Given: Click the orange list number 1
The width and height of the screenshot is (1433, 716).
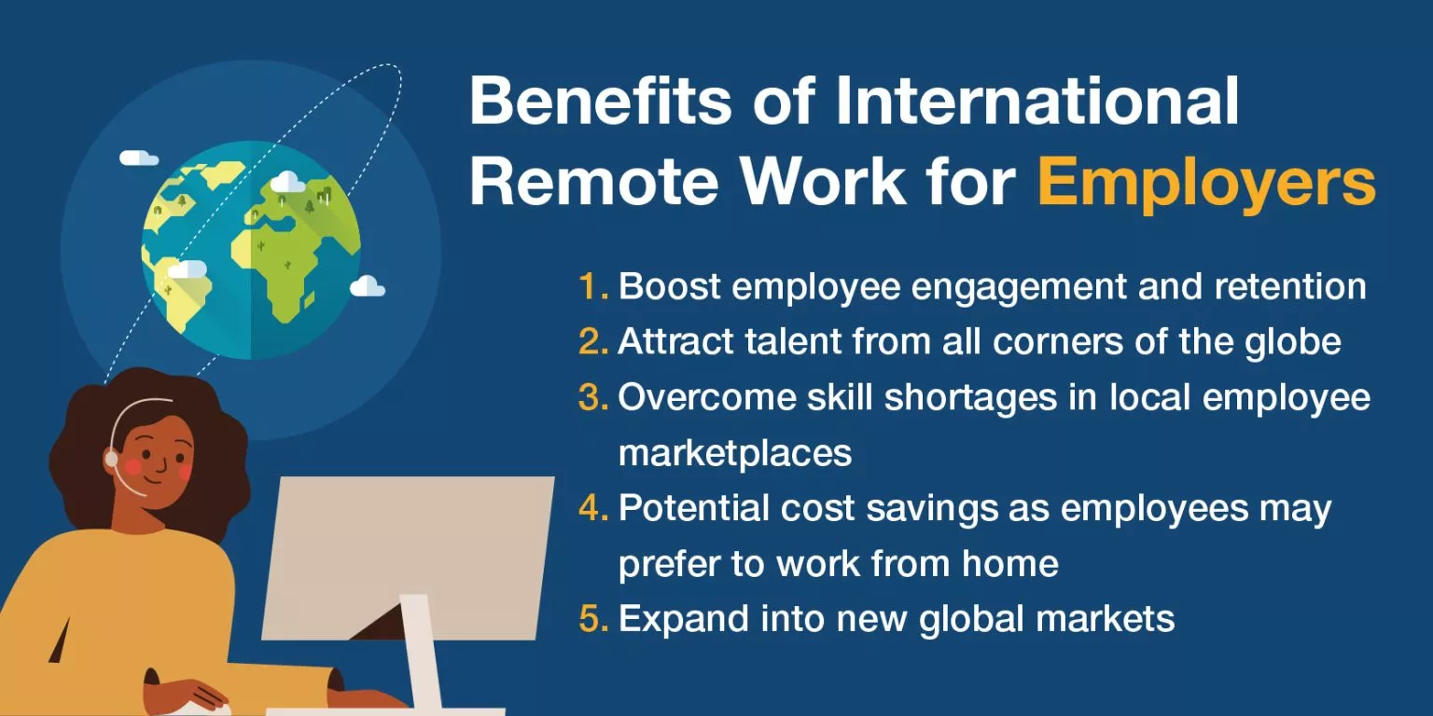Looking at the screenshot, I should (x=591, y=287).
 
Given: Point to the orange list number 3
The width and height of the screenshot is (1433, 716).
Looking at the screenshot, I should (x=592, y=398).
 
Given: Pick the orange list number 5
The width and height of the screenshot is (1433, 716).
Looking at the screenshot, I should (x=592, y=620).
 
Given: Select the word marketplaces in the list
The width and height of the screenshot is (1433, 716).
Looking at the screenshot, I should (x=735, y=453).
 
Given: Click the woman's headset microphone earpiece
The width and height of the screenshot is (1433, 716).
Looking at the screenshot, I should (x=112, y=459).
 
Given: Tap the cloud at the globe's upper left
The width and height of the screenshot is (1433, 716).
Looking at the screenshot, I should (x=139, y=158).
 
